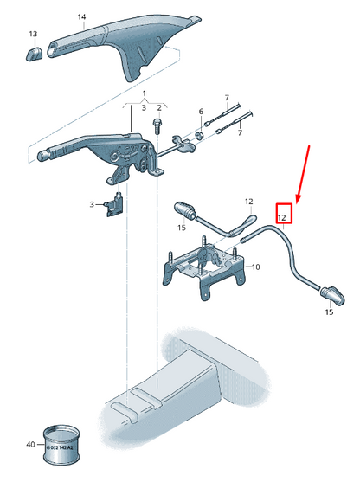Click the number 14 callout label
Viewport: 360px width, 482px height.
click(81, 16)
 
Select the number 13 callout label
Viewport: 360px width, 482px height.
click(33, 34)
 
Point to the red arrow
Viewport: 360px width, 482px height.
click(303, 173)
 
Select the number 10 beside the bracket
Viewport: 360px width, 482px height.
click(255, 267)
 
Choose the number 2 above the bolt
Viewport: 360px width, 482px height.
click(159, 107)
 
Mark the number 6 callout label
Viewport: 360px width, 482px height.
click(200, 112)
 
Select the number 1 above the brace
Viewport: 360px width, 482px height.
click(145, 92)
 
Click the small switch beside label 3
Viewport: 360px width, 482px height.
click(113, 208)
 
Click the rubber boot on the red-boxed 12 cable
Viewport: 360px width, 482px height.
click(331, 295)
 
